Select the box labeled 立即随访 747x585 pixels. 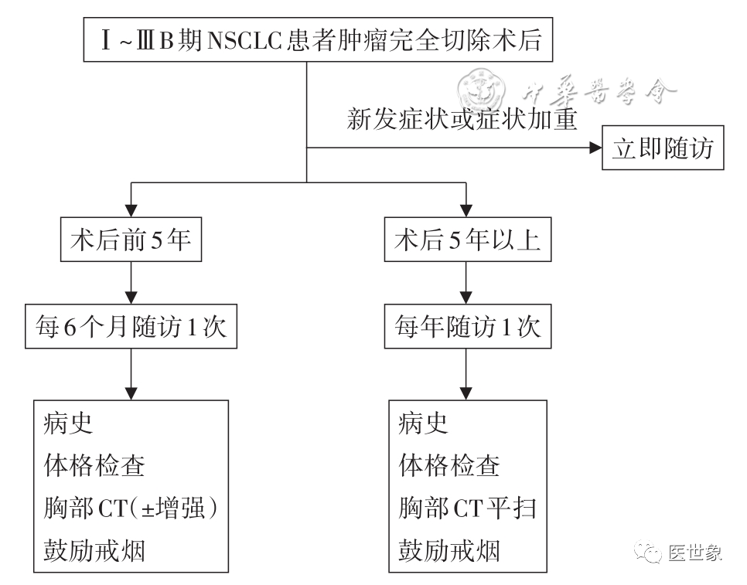[663, 148]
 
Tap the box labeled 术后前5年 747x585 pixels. [131, 241]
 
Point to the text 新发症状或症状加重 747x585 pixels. [462, 121]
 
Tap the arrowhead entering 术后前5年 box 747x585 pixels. [131, 211]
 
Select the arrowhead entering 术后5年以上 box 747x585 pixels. [465, 211]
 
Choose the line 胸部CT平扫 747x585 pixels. [466, 508]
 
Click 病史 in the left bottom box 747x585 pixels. [69, 423]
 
